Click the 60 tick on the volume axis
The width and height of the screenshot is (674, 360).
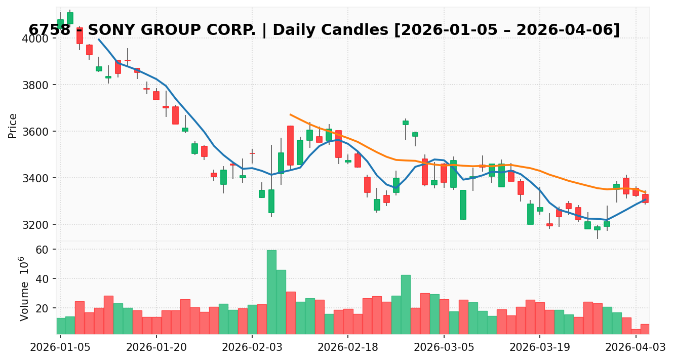click(x=42, y=250)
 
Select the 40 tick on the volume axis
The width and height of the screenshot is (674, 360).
click(x=42, y=279)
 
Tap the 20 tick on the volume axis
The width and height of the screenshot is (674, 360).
click(x=42, y=308)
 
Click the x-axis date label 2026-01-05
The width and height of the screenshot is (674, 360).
click(x=60, y=347)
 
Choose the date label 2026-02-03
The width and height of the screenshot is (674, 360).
click(x=252, y=347)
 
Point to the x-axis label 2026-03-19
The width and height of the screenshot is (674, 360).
click(x=539, y=347)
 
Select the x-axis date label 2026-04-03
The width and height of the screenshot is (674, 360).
click(x=636, y=347)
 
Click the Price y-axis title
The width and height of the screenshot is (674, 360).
click(x=13, y=126)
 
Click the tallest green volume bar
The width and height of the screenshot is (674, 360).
click(x=271, y=292)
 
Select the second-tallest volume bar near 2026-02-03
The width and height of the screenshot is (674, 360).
click(x=281, y=302)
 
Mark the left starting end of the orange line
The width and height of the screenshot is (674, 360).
click(x=291, y=114)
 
